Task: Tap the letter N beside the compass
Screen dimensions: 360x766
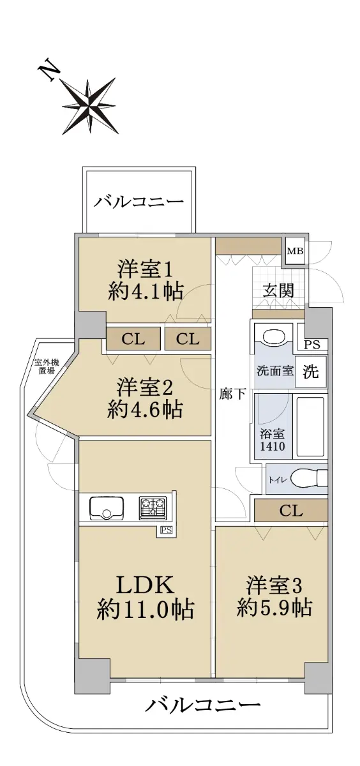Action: pyautogui.click(x=49, y=70)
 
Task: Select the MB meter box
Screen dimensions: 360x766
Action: pyautogui.click(x=296, y=251)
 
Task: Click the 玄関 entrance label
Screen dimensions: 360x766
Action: pyautogui.click(x=278, y=290)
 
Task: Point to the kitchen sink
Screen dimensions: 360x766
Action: pyautogui.click(x=107, y=507)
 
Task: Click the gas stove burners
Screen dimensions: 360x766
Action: pyautogui.click(x=153, y=507)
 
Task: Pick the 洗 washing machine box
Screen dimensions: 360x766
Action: pyautogui.click(x=310, y=372)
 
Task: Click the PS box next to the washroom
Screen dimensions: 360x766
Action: pyautogui.click(x=313, y=344)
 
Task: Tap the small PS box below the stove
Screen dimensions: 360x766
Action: pyautogui.click(x=166, y=530)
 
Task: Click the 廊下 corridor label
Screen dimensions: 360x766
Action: pyautogui.click(x=232, y=394)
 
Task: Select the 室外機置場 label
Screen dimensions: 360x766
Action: pyautogui.click(x=47, y=366)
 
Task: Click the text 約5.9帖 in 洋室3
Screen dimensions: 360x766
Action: pyautogui.click(x=274, y=608)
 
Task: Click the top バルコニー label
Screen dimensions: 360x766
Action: pyautogui.click(x=139, y=202)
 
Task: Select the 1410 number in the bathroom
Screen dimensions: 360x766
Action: pyautogui.click(x=273, y=446)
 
